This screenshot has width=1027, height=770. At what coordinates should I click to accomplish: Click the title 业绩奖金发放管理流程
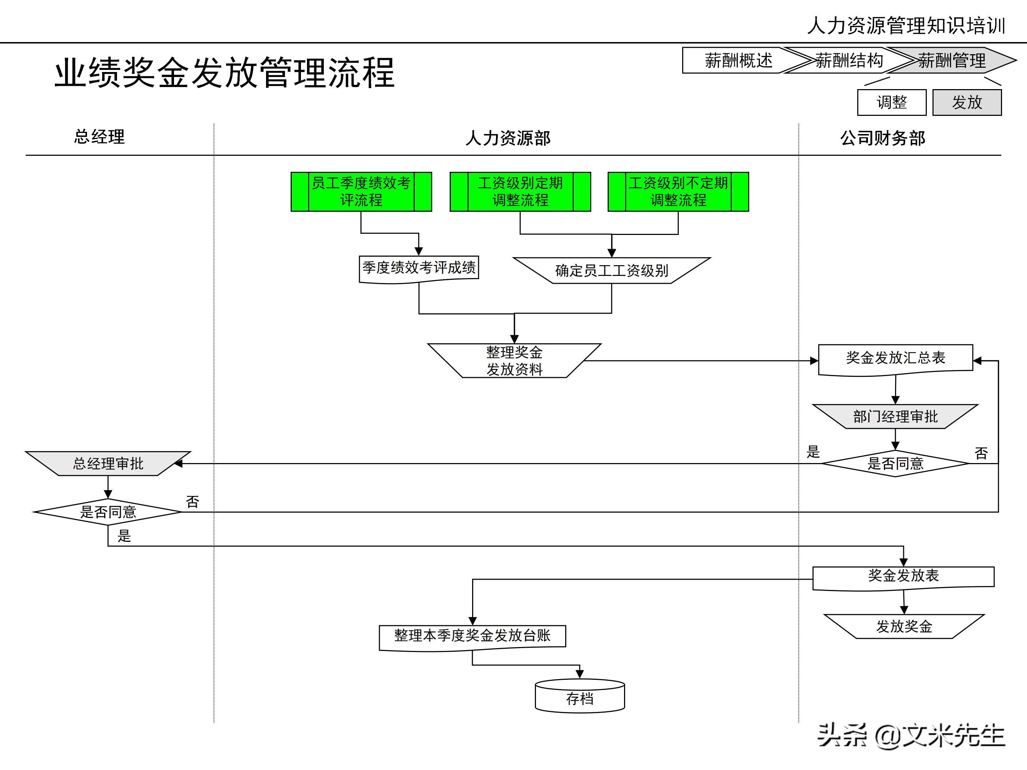pyautogui.click(x=224, y=73)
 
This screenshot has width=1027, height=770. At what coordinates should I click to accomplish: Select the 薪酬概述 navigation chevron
pyautogui.click(x=738, y=60)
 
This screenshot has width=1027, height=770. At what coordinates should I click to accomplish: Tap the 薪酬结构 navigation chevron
pyautogui.click(x=849, y=60)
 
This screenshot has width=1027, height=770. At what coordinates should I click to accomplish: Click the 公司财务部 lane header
pyautogui.click(x=882, y=138)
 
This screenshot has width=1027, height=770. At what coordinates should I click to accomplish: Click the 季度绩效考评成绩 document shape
pyautogui.click(x=419, y=268)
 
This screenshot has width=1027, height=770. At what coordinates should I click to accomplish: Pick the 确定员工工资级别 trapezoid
pyautogui.click(x=612, y=271)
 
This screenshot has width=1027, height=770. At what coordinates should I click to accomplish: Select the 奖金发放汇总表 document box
pyautogui.click(x=895, y=358)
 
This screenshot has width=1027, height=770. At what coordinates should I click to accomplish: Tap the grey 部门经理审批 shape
pyautogui.click(x=895, y=416)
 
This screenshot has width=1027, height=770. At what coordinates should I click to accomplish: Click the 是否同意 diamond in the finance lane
pyautogui.click(x=895, y=463)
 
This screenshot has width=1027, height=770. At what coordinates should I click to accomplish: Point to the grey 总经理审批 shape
pyautogui.click(x=108, y=463)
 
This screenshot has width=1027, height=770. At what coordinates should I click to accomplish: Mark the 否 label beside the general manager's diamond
pyautogui.click(x=192, y=502)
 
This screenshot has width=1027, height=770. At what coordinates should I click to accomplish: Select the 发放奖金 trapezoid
pyautogui.click(x=904, y=627)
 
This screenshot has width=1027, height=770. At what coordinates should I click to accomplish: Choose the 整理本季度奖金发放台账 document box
pyautogui.click(x=472, y=636)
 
